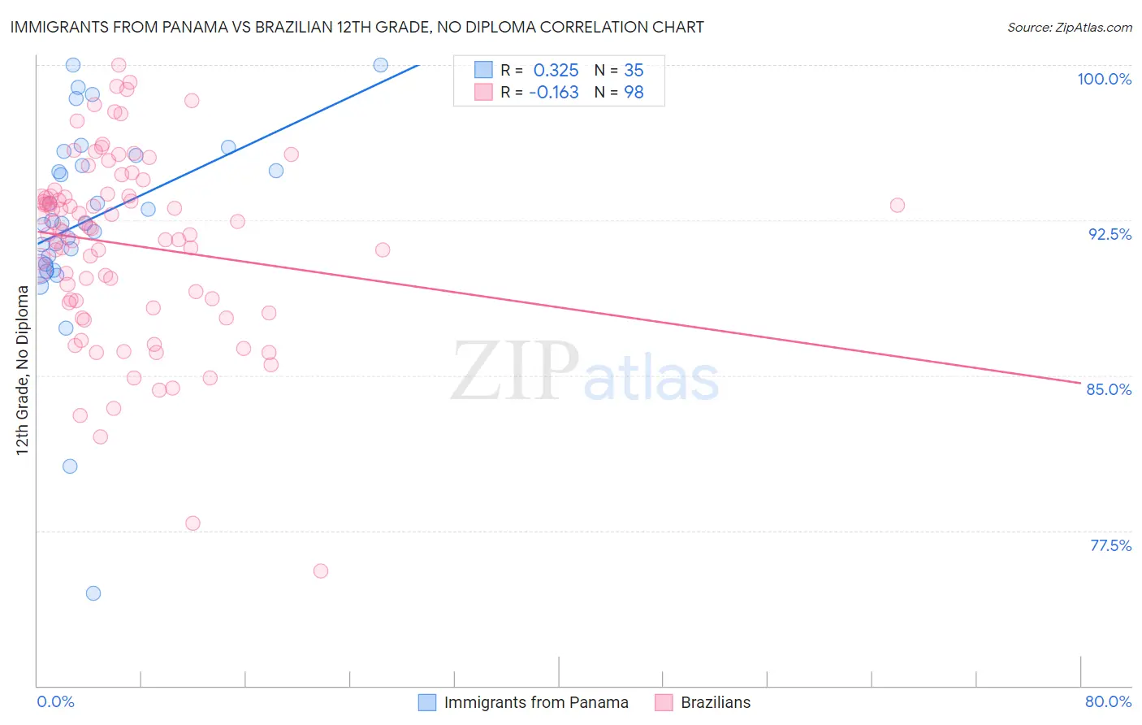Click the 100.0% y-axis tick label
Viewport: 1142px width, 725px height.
pyautogui.click(x=1104, y=79)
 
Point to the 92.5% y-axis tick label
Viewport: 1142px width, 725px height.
pyautogui.click(x=1110, y=234)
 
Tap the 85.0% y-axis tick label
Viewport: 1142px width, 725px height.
pyautogui.click(x=1109, y=389)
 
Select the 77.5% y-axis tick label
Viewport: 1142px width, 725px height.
pyautogui.click(x=1110, y=545)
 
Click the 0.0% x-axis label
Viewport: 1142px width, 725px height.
pyautogui.click(x=55, y=701)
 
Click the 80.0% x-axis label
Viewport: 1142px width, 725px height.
pyautogui.click(x=1108, y=701)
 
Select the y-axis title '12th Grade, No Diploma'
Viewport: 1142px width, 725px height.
pyautogui.click(x=22, y=370)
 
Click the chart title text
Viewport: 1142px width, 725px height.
pyautogui.click(x=357, y=27)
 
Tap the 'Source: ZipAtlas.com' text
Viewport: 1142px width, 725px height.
pyautogui.click(x=1069, y=28)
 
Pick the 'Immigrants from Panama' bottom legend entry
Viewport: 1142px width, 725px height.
pyautogui.click(x=535, y=702)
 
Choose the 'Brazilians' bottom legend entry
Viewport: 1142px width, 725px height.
pyautogui.click(x=715, y=702)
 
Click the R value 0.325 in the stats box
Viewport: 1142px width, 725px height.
pyautogui.click(x=556, y=71)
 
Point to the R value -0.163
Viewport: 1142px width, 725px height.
pyautogui.click(x=553, y=93)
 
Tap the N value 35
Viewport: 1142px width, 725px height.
pyautogui.click(x=634, y=71)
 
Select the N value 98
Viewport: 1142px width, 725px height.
pyautogui.click(x=634, y=93)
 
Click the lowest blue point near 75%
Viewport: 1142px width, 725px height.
pyautogui.click(x=93, y=593)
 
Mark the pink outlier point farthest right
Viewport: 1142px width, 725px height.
pyautogui.click(x=897, y=206)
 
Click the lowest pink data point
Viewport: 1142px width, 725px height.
pyautogui.click(x=321, y=571)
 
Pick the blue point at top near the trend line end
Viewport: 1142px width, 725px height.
pyautogui.click(x=380, y=65)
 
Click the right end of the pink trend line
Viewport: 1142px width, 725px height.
pyautogui.click(x=1079, y=383)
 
